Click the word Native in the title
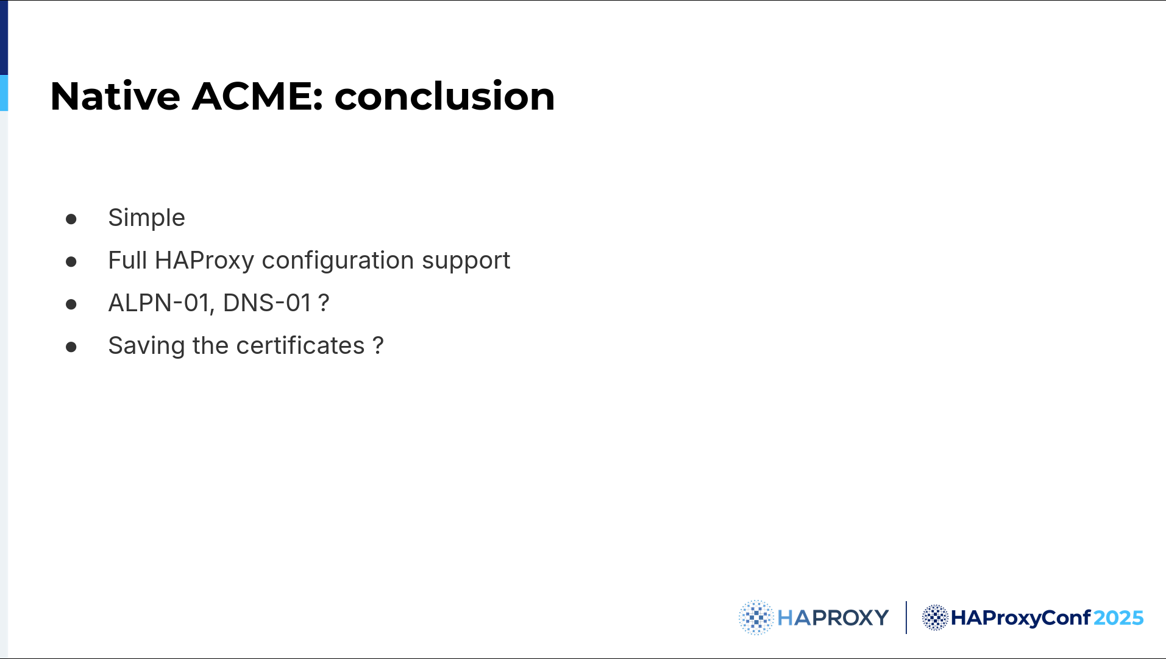click(x=115, y=96)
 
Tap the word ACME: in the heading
click(x=257, y=96)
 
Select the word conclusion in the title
click(x=445, y=96)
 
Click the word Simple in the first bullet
click(x=146, y=217)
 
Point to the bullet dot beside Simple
click(x=71, y=219)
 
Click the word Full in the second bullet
click(x=127, y=260)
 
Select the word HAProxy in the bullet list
click(x=204, y=261)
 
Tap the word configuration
click(x=338, y=261)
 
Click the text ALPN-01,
click(x=161, y=303)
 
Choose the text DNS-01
click(x=267, y=303)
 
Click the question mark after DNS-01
click(x=324, y=303)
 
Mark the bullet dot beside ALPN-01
click(x=71, y=304)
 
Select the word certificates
click(x=300, y=345)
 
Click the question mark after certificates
click(x=378, y=345)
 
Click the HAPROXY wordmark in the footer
click(x=833, y=618)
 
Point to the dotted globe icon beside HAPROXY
click(x=756, y=618)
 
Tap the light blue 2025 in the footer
click(x=1118, y=618)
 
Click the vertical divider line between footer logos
click(x=906, y=618)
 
